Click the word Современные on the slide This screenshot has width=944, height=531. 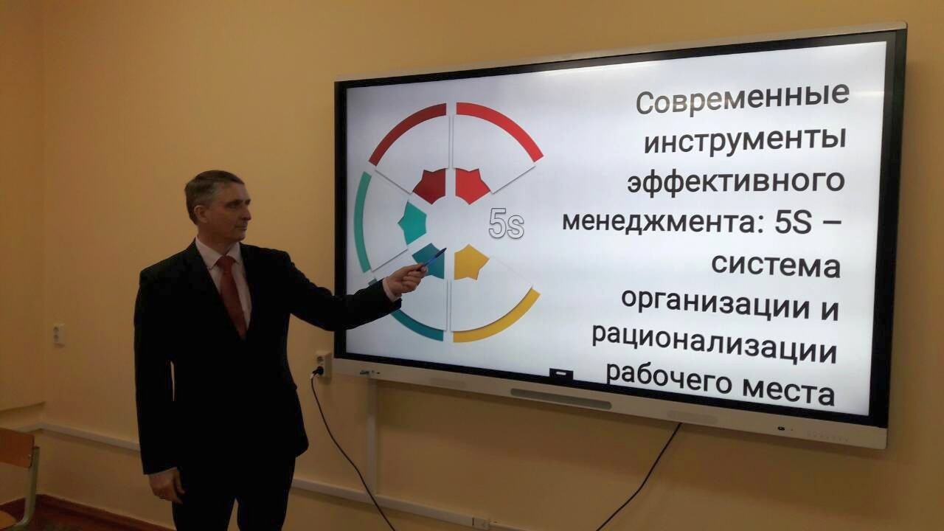point(742,100)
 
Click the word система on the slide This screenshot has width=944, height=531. point(776,265)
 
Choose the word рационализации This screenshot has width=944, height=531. point(714,347)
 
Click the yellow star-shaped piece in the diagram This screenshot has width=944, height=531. point(471,262)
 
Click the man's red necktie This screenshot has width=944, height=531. point(232,295)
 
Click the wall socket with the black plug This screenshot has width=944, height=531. point(323,364)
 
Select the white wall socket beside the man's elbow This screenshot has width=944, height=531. point(59,335)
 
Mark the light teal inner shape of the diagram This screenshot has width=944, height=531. point(413,223)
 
